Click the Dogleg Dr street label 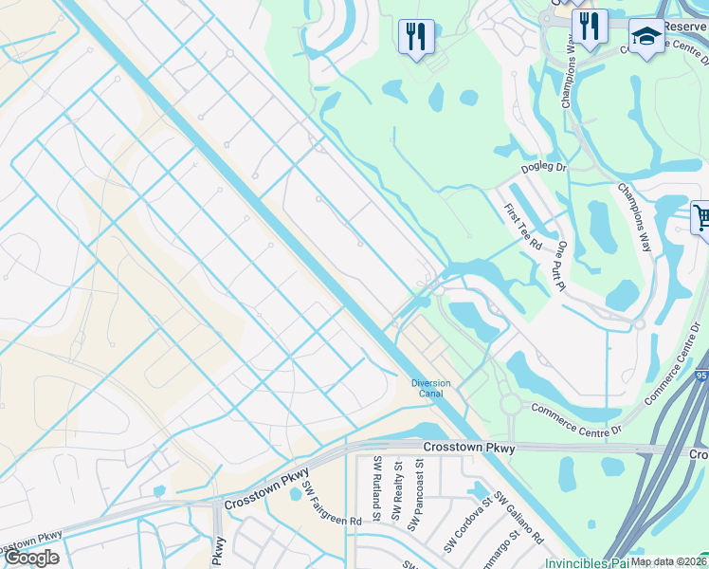pyautogui.click(x=543, y=168)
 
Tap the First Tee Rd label pyautogui.click(x=522, y=227)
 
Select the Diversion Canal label pyautogui.click(x=430, y=388)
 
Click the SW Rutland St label pyautogui.click(x=376, y=489)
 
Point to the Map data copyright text pyautogui.click(x=668, y=561)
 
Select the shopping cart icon pyautogui.click(x=701, y=218)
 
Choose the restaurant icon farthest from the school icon pyautogui.click(x=416, y=37)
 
